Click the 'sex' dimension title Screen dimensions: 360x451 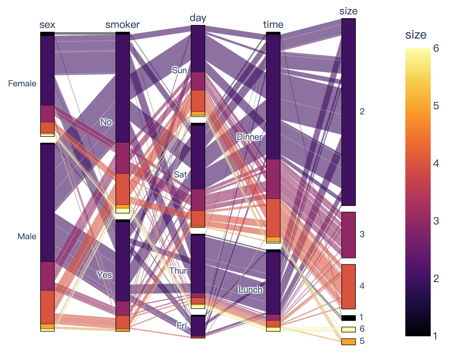[x=47, y=25]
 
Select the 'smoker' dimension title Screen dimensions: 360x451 [x=122, y=25]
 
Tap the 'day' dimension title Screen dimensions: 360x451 [x=198, y=18]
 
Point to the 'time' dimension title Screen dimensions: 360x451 [x=273, y=25]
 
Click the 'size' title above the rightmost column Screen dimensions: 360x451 [x=348, y=11]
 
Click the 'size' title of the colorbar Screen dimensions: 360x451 [x=416, y=35]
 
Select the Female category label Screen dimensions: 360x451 [x=22, y=84]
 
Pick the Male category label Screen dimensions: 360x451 [x=27, y=237]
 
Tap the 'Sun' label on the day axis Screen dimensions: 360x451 [x=179, y=70]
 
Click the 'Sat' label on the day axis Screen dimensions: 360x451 [x=180, y=174]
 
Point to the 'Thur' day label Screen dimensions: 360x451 [x=178, y=270]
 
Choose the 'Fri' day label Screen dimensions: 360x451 [x=181, y=326]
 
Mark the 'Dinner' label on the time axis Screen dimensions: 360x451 [x=250, y=137]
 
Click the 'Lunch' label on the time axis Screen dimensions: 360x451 [x=250, y=290]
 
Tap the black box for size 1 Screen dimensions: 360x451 [x=348, y=318]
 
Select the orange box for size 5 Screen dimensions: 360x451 [x=348, y=341]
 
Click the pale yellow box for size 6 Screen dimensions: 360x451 [x=348, y=329]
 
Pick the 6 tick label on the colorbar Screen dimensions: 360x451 [x=436, y=48]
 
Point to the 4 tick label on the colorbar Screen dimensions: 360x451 [x=436, y=163]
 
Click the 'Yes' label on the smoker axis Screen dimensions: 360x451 [x=104, y=275]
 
